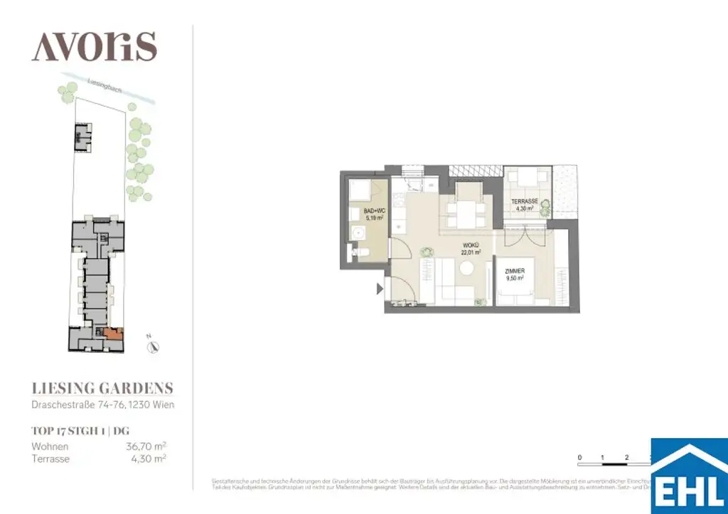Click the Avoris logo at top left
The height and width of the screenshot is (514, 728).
click(94, 47)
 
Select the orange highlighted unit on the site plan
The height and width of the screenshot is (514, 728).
click(113, 333)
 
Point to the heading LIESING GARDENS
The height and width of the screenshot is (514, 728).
click(102, 388)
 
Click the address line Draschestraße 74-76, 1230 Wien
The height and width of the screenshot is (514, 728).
click(102, 405)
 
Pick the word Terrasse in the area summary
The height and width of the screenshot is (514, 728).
click(50, 459)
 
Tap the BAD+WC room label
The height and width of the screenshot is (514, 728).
click(373, 215)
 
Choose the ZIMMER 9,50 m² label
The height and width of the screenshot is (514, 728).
click(514, 275)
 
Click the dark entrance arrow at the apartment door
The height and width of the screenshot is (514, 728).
click(378, 288)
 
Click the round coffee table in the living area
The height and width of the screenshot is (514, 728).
click(467, 268)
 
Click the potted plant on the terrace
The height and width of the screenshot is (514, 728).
click(545, 207)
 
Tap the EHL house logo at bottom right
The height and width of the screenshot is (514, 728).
click(689, 476)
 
